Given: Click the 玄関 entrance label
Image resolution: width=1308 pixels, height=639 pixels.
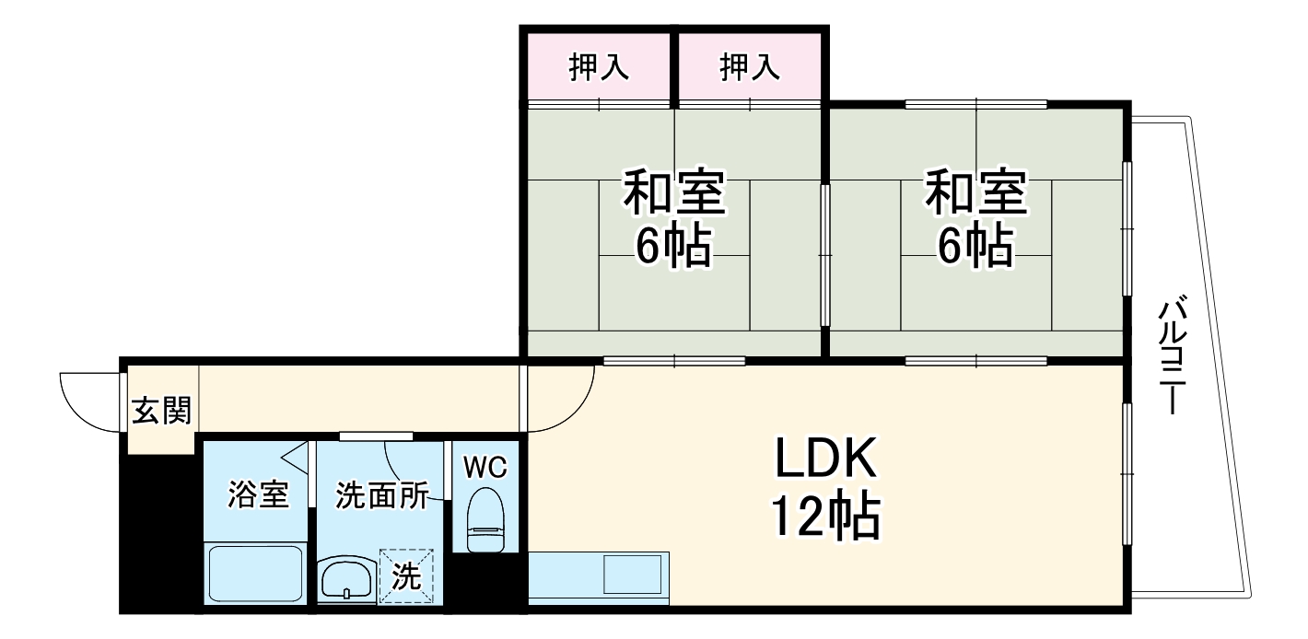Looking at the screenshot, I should (x=161, y=412).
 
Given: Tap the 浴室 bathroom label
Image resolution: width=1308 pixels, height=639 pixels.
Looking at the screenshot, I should (x=258, y=495).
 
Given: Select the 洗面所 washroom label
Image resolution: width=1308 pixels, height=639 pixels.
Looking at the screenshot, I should (x=380, y=495).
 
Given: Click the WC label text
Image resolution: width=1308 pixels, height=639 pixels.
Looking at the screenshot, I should (x=485, y=468).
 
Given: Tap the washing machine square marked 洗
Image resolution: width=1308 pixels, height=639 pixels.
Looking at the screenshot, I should (x=406, y=577).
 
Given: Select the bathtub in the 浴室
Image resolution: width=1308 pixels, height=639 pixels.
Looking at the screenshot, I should (x=257, y=575).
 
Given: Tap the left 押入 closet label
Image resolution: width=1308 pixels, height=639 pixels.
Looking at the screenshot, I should (x=599, y=67).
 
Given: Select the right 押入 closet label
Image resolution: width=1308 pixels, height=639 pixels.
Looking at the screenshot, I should (x=750, y=67).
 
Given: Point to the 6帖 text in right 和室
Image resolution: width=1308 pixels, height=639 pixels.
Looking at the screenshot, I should (x=975, y=246).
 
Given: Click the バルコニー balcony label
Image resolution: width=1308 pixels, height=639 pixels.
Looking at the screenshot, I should (x=1172, y=354).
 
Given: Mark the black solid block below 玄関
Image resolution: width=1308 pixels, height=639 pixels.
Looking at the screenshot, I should (x=160, y=534).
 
